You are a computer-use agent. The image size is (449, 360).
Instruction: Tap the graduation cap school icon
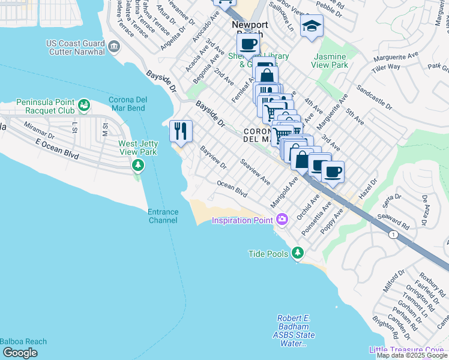(x=312, y=26)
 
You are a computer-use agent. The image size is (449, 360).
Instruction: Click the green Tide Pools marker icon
(x=298, y=254)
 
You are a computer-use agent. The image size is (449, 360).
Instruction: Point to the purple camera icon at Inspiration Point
(x=283, y=220)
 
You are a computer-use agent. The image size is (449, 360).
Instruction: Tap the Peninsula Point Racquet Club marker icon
(x=85, y=106)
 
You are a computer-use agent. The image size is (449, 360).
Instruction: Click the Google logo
(x=20, y=353)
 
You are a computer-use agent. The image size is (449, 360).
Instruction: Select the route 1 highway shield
(x=392, y=233)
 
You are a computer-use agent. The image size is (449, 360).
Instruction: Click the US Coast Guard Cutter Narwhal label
(x=76, y=47)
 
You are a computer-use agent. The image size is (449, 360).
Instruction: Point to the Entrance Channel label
(x=163, y=216)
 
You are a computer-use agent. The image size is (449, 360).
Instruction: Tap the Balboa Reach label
(x=23, y=341)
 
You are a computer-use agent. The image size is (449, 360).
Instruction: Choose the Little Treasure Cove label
(x=408, y=350)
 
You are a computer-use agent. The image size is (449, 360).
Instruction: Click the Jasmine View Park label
(x=330, y=60)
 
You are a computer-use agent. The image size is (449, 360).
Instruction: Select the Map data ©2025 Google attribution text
(x=411, y=355)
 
